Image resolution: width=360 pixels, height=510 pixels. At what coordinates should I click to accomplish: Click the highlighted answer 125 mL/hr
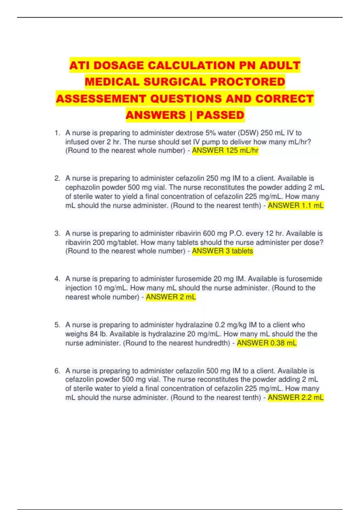[225, 151]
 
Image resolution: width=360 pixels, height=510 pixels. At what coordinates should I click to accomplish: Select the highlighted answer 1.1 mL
[295, 205]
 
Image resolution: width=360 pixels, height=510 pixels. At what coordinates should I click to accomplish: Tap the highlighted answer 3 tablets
[222, 251]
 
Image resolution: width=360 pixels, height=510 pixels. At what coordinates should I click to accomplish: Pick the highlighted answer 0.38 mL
[266, 343]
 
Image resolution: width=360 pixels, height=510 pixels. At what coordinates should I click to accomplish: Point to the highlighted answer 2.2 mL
[295, 397]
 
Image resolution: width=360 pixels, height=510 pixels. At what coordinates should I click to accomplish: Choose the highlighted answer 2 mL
[171, 297]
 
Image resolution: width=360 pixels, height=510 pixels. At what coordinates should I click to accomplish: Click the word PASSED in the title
[220, 115]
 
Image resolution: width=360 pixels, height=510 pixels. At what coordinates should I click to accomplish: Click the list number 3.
[57, 233]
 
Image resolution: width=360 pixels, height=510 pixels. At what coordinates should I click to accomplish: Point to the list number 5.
[57, 325]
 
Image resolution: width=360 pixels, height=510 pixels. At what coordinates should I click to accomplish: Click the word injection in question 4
[78, 288]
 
